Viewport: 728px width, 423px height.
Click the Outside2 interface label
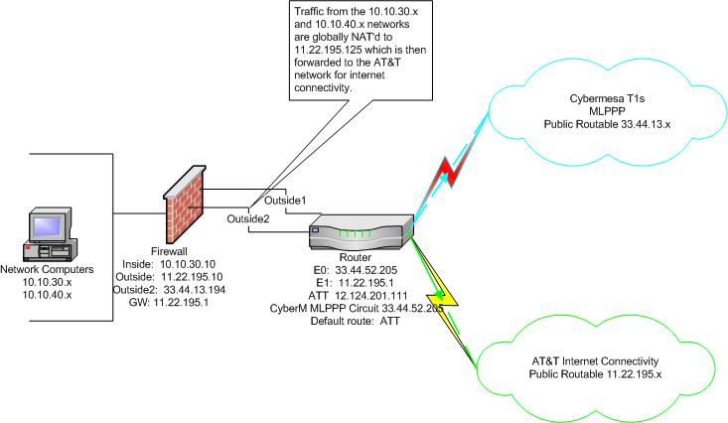click(x=248, y=218)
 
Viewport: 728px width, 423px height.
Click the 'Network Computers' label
click(x=47, y=269)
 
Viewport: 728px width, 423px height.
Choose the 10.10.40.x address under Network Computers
click(x=47, y=295)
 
